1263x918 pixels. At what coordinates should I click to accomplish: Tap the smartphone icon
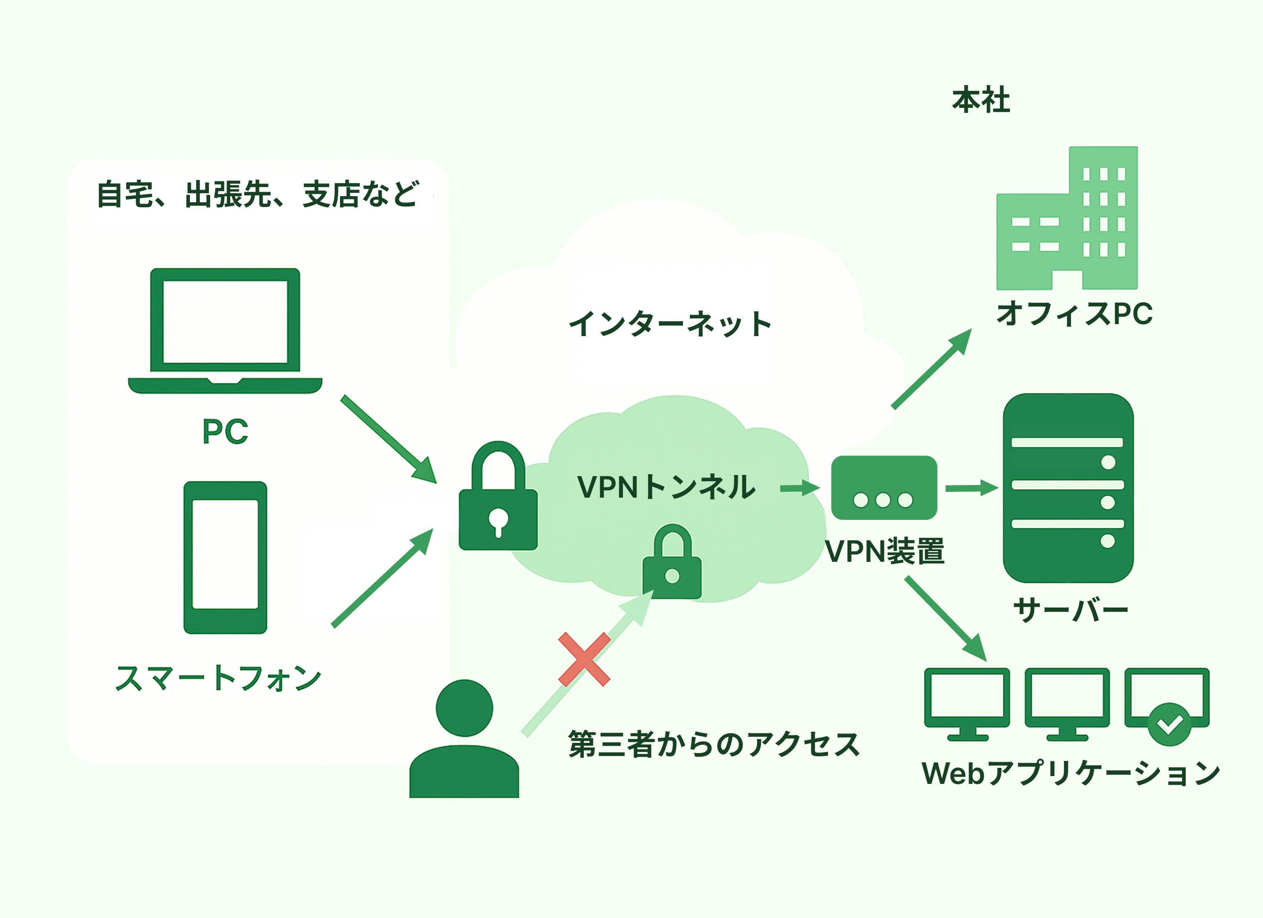(225, 557)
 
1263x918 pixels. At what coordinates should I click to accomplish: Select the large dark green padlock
(498, 501)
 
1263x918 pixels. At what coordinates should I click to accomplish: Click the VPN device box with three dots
(884, 487)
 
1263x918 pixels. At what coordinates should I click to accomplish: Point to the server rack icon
(1068, 488)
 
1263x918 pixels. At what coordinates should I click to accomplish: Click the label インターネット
(670, 324)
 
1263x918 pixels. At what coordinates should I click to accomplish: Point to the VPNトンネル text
(666, 487)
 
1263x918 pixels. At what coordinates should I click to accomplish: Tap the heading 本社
(981, 100)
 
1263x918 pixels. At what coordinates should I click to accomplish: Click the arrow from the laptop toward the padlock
(388, 439)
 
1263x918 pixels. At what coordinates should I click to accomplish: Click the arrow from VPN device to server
(971, 488)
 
